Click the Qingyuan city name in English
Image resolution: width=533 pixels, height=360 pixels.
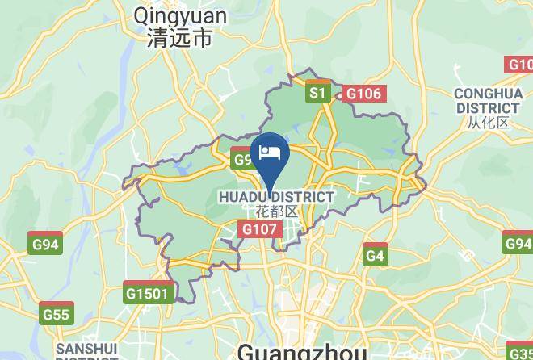coord(181,15)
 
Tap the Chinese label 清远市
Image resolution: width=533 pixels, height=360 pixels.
coord(180,38)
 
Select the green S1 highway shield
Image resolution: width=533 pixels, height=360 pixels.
coord(318,94)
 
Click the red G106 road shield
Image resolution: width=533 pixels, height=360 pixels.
coord(363,94)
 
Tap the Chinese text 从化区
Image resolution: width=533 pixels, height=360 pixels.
coord(488,123)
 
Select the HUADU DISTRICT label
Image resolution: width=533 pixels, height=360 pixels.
coord(276,197)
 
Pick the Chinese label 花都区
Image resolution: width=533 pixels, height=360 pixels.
coord(276,212)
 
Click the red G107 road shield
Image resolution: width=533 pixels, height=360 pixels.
coord(260,230)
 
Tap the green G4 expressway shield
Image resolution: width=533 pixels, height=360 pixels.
coord(375,256)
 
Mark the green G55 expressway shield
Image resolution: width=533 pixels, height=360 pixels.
coord(57,315)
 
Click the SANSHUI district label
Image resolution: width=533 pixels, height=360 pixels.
coord(86,350)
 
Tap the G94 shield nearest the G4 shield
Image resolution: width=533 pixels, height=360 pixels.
coord(518,244)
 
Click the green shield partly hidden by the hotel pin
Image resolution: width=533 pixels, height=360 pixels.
coord(242,159)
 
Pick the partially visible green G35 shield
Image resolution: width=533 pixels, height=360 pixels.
coord(521,352)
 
